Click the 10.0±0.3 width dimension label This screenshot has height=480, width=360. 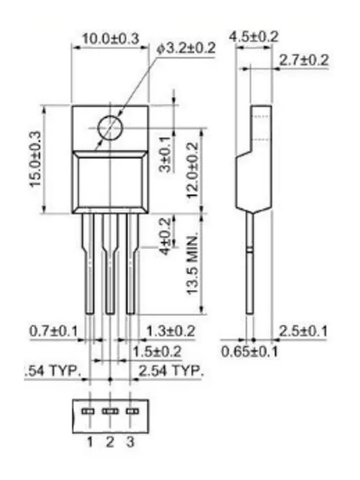(110, 39)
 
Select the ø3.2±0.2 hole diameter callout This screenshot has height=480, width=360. (186, 48)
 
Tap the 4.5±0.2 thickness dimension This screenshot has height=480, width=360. (254, 37)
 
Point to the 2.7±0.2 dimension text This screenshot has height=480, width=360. (303, 60)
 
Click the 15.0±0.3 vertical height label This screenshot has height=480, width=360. (35, 159)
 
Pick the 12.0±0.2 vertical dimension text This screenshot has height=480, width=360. (193, 170)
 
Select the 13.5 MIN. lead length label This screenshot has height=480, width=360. (193, 265)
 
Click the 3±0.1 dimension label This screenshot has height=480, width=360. (165, 154)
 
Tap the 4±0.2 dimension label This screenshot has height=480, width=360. (165, 236)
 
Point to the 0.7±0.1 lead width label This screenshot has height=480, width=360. (54, 331)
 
